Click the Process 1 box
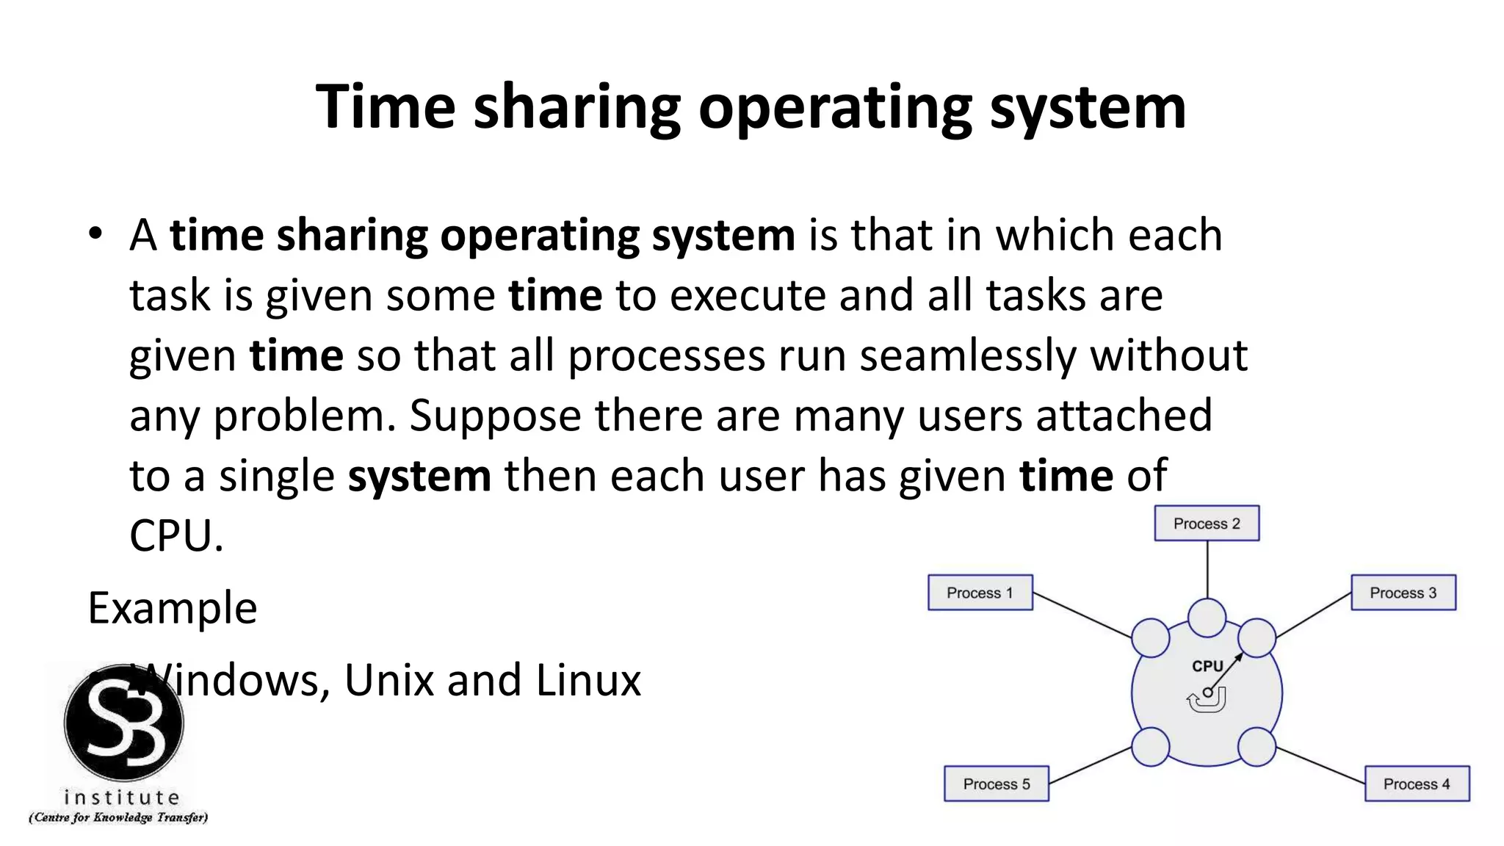click(980, 593)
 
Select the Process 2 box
click(1207, 524)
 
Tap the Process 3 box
click(1403, 593)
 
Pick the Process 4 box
click(1417, 784)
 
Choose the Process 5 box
click(996, 784)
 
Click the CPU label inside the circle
click(1207, 666)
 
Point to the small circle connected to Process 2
click(1207, 618)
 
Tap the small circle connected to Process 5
click(1150, 747)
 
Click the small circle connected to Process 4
click(1257, 747)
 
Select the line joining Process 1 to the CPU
click(1082, 615)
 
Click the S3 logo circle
click(123, 723)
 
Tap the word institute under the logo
click(122, 798)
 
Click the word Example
click(173, 608)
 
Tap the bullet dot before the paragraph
click(95, 234)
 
